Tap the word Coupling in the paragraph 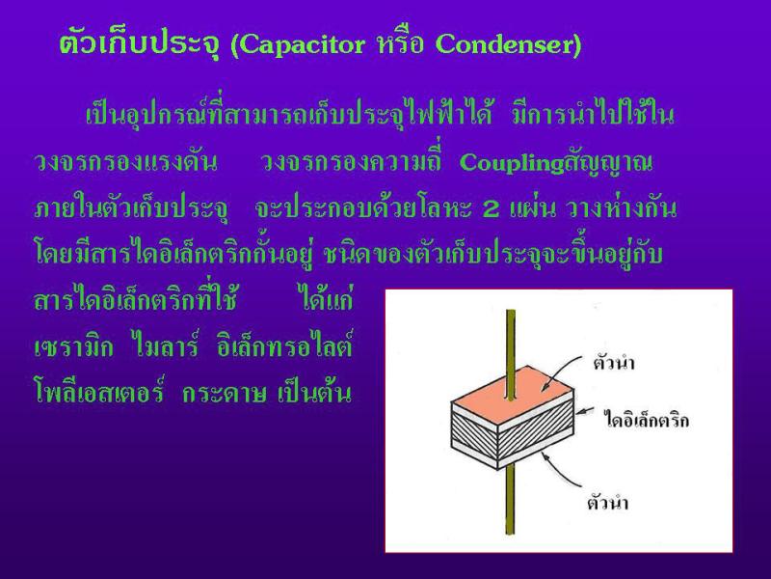[x=512, y=164]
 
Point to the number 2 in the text [x=491, y=209]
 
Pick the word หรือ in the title [x=400, y=43]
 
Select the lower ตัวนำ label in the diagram [x=608, y=503]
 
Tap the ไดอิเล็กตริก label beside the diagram [x=646, y=420]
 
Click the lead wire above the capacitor [x=511, y=352]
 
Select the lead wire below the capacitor [x=511, y=501]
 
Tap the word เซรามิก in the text [x=74, y=347]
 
